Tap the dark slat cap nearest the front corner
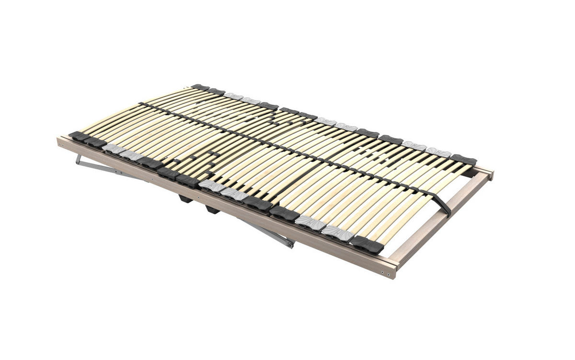[367, 245]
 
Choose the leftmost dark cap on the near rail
[79, 136]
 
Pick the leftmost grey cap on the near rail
[113, 149]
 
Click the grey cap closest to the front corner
[337, 233]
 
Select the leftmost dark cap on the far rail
[200, 87]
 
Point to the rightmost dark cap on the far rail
[463, 160]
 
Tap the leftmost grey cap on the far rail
[234, 96]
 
